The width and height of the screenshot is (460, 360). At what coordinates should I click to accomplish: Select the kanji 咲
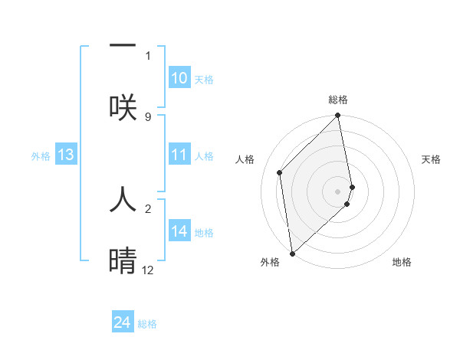coord(123,106)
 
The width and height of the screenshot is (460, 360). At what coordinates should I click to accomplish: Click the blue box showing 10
coord(179,78)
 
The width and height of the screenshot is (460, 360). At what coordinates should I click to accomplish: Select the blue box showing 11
coord(179,155)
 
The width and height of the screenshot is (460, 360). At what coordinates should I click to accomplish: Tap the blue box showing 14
coord(179,231)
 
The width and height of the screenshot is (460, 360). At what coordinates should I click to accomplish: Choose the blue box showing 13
coord(66,155)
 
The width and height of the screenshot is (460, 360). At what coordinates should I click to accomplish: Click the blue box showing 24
coord(123,323)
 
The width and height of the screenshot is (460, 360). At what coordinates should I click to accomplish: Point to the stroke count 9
coord(148,116)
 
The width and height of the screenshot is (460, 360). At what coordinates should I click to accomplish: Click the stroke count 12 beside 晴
coord(148,270)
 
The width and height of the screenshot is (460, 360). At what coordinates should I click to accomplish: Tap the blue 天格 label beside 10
coord(203,80)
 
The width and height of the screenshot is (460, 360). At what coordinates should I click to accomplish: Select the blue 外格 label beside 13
coord(41,156)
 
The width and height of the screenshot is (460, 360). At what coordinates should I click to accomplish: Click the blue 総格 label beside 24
coord(147,324)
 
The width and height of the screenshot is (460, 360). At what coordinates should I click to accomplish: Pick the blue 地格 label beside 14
coord(203,233)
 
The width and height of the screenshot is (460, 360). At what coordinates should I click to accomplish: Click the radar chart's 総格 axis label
coord(338,100)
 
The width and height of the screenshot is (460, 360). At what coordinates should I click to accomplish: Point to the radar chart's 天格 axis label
coord(431,159)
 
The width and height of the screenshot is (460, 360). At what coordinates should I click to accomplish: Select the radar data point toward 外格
coord(291,253)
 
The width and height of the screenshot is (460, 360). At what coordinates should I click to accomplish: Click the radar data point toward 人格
coord(280,172)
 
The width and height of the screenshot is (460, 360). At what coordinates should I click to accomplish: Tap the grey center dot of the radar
coord(338,191)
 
